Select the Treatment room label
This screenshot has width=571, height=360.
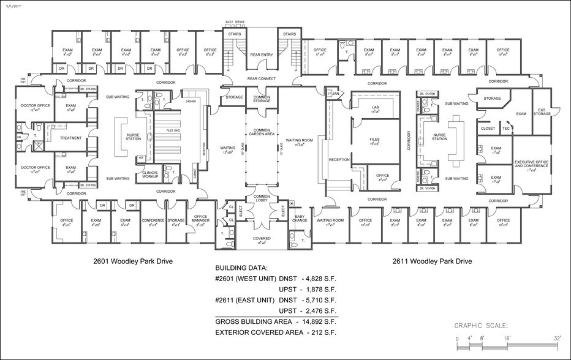click(70, 138)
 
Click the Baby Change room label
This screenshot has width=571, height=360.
click(300, 218)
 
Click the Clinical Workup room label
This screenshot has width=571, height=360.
click(150, 174)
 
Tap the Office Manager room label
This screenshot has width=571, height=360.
click(200, 219)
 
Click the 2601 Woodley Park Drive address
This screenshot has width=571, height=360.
click(133, 261)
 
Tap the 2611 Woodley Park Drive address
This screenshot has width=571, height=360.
click(432, 261)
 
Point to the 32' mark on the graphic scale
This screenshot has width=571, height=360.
click(557, 338)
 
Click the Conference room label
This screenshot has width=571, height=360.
click(153, 220)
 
